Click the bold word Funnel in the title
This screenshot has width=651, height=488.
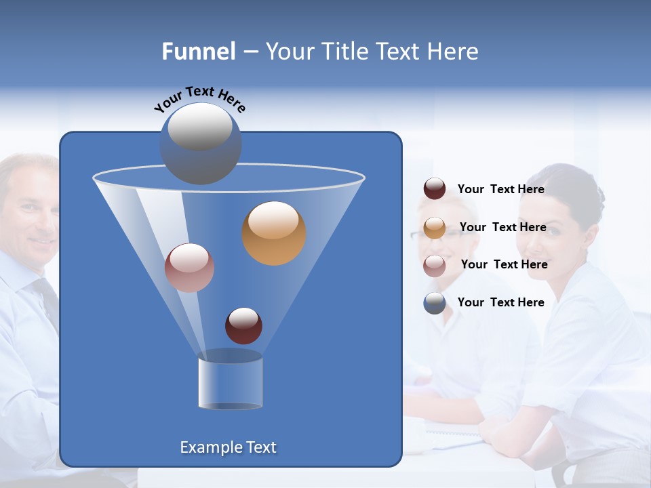[x=199, y=52]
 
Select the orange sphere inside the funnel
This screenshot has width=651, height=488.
[x=274, y=233]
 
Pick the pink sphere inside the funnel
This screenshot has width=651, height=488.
[x=189, y=268]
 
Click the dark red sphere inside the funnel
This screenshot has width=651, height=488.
[x=243, y=326]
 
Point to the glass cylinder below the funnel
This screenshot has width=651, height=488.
[x=230, y=381]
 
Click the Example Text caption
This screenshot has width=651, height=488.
[x=228, y=447]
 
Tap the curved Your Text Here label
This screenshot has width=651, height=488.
[x=199, y=99]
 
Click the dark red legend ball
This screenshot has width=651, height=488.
[x=435, y=189]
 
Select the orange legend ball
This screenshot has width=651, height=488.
[x=435, y=227]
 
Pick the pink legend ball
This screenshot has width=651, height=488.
[x=435, y=265]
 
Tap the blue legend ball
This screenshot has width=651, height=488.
[x=435, y=303]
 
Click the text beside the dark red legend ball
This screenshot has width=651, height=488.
[x=500, y=190]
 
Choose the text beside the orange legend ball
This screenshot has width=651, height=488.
[x=502, y=227]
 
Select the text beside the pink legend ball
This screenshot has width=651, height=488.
[x=504, y=264]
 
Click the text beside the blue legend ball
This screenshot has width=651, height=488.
[x=500, y=302]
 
